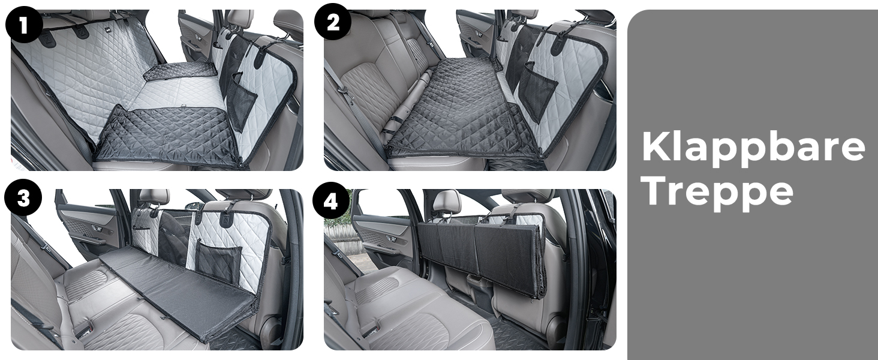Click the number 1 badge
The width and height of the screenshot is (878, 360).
24,25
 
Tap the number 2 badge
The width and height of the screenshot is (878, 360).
333,22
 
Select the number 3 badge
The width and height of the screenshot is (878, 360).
23,197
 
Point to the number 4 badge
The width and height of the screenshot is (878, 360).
331,200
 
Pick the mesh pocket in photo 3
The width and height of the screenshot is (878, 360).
218,261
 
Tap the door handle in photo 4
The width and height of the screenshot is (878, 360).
390,238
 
